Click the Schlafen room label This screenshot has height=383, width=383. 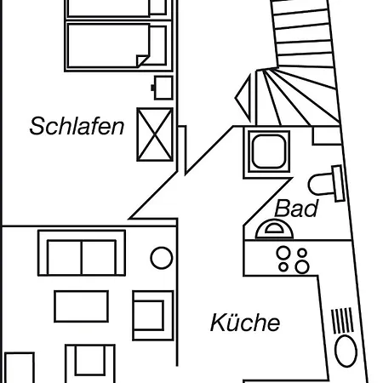[77, 126]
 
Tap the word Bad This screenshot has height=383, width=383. [296, 209]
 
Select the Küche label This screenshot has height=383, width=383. [245, 323]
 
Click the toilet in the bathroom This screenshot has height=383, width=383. [326, 184]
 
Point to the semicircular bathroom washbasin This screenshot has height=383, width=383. [274, 229]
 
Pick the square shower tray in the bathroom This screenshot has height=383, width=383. [269, 151]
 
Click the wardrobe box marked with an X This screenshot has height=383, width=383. [155, 134]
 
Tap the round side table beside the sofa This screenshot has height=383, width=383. [161, 258]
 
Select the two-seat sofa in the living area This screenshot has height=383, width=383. [82, 253]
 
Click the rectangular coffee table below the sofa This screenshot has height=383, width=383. [82, 306]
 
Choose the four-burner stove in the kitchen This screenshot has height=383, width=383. [293, 260]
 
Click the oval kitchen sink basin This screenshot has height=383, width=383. [346, 351]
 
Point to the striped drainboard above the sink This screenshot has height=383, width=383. [342, 321]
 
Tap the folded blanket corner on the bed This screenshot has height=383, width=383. [142, 60]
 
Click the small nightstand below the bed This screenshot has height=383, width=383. [163, 88]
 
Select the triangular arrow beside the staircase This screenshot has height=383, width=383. [243, 98]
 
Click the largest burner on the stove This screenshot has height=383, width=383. [302, 267]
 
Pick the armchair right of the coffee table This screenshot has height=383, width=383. [153, 315]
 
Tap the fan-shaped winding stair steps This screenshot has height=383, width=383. [298, 96]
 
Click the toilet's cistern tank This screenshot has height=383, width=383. [339, 183]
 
